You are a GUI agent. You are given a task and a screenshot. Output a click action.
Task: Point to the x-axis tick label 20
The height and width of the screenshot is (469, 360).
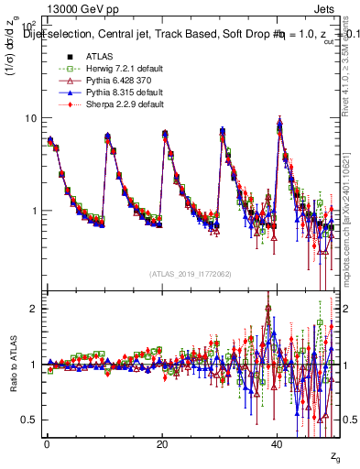click(162, 444)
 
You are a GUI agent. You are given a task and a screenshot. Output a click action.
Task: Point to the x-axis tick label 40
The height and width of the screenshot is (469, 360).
click(278, 444)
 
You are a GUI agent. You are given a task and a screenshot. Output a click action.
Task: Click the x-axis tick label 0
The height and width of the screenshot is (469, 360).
click(47, 444)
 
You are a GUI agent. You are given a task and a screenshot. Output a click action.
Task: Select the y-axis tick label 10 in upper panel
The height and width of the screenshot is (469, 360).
click(29, 119)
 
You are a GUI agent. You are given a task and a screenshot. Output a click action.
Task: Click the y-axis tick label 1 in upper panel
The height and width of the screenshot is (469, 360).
click(33, 211)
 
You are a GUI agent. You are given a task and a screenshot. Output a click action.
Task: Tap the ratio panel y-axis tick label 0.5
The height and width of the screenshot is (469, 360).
click(28, 420)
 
